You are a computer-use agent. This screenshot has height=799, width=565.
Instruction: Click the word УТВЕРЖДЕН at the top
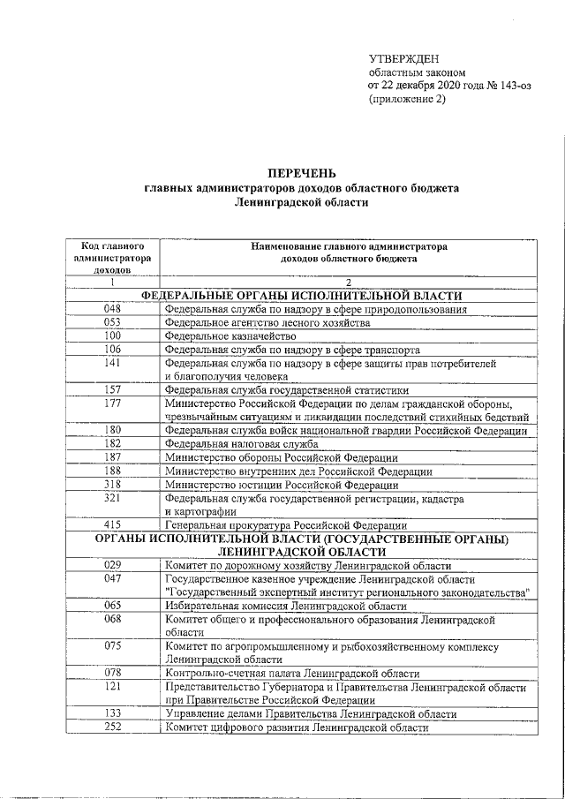pyautogui.click(x=403, y=57)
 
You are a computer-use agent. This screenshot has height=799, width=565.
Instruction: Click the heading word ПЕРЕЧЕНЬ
pyautogui.click(x=302, y=172)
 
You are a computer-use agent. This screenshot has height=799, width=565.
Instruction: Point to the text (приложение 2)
pyautogui.click(x=407, y=99)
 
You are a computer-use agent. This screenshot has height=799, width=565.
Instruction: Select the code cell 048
pyautogui.click(x=112, y=309)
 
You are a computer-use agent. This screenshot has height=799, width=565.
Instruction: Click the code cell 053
pyautogui.click(x=112, y=322)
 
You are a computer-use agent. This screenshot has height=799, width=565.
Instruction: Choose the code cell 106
pyautogui.click(x=112, y=349)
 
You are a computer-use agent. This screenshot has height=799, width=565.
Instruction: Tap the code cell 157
pyautogui.click(x=112, y=389)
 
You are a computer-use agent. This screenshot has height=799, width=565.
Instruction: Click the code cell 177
pyautogui.click(x=112, y=403)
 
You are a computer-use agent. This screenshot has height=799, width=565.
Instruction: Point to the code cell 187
pyautogui.click(x=112, y=457)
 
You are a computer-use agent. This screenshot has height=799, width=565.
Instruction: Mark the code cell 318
pyautogui.click(x=112, y=485)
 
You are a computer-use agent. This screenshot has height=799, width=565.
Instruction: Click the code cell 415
pyautogui.click(x=112, y=525)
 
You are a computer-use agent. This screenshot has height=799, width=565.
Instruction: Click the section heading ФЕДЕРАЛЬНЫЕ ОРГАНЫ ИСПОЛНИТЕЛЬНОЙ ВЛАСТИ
pyautogui.click(x=302, y=296)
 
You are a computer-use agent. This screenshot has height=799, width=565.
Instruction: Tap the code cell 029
pyautogui.click(x=112, y=565)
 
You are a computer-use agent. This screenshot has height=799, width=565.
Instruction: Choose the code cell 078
pyautogui.click(x=112, y=673)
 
